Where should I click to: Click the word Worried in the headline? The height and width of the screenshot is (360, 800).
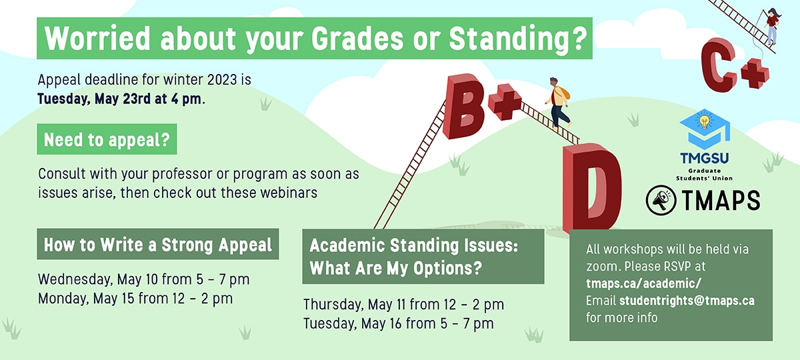point(97,38)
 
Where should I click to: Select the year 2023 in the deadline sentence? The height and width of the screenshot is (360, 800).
point(221,79)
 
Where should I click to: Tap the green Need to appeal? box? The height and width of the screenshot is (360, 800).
point(107,139)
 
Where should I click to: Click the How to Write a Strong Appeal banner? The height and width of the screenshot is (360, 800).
point(158,244)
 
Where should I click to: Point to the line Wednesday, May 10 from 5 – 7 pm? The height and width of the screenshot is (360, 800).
point(143,279)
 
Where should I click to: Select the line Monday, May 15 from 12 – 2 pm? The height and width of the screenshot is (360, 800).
point(135,299)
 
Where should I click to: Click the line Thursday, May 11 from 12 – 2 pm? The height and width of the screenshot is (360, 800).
point(403,305)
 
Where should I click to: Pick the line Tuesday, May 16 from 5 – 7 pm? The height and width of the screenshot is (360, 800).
point(399,323)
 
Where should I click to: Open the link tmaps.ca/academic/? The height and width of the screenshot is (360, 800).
point(643,283)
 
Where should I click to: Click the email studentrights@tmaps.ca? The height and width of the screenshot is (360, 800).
point(687,301)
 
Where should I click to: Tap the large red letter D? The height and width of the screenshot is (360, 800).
point(592,187)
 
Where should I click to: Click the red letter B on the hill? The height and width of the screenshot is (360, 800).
point(463,107)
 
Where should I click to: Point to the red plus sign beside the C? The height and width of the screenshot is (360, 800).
point(755,73)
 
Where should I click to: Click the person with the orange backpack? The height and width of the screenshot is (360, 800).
point(557,103)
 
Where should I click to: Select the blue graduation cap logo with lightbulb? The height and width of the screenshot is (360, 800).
point(705,129)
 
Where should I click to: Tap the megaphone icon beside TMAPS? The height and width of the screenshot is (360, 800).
point(661,201)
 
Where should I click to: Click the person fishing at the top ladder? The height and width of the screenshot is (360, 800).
point(771,27)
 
